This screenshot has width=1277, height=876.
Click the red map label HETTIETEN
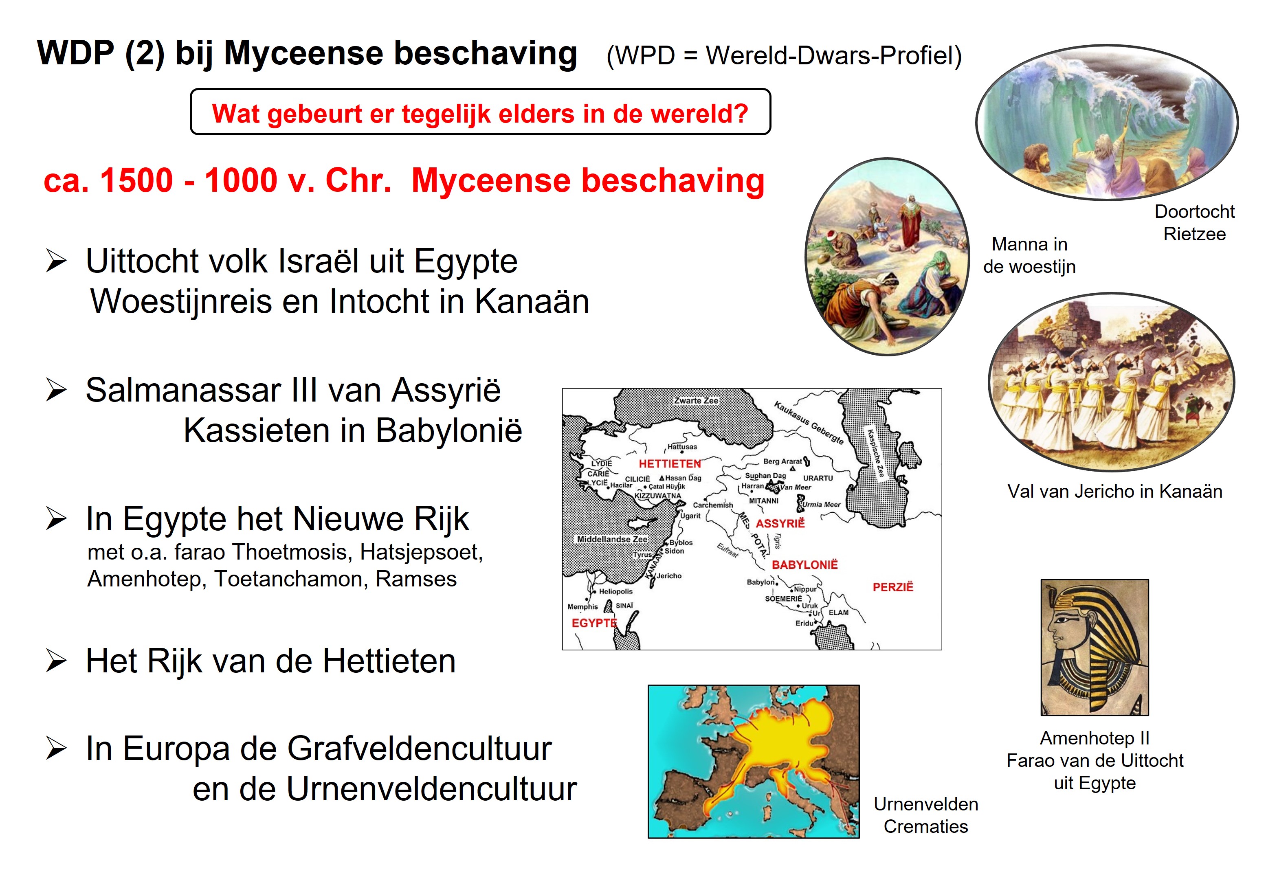pos(669,464)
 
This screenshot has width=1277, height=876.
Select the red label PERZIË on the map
pos(893,587)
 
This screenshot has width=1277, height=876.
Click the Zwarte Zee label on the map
pos(696,401)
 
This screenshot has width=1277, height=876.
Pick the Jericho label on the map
pos(669,575)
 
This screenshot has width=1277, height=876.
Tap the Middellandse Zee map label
pos(612,539)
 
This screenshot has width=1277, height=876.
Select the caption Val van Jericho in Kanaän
pos(1115,491)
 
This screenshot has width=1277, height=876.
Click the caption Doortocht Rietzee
pos(1195,222)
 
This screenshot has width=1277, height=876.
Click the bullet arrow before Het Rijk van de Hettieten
pos(57,661)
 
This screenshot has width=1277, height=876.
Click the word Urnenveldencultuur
pos(431,789)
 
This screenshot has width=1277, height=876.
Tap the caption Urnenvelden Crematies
pos(926,815)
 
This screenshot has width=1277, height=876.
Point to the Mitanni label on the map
pos(764,501)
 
